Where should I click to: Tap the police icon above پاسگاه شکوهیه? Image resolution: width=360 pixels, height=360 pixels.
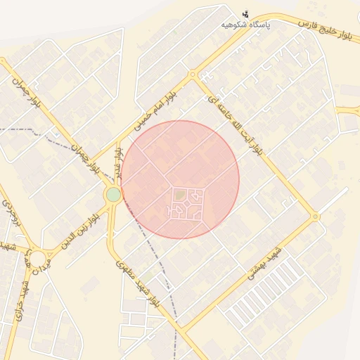pyautogui.click(x=245, y=13)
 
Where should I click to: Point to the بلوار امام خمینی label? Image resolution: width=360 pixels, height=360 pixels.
pyautogui.click(x=158, y=106)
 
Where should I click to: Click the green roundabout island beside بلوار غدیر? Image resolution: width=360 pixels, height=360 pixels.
pyautogui.click(x=113, y=194)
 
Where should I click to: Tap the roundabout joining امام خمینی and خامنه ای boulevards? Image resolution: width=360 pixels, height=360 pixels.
pyautogui.click(x=192, y=75)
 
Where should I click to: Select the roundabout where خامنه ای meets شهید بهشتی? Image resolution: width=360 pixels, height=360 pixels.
pyautogui.click(x=316, y=217)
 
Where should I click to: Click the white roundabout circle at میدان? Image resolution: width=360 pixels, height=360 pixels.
pyautogui.click(x=37, y=258)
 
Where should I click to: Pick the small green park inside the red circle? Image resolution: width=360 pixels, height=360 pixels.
pyautogui.click(x=180, y=195)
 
